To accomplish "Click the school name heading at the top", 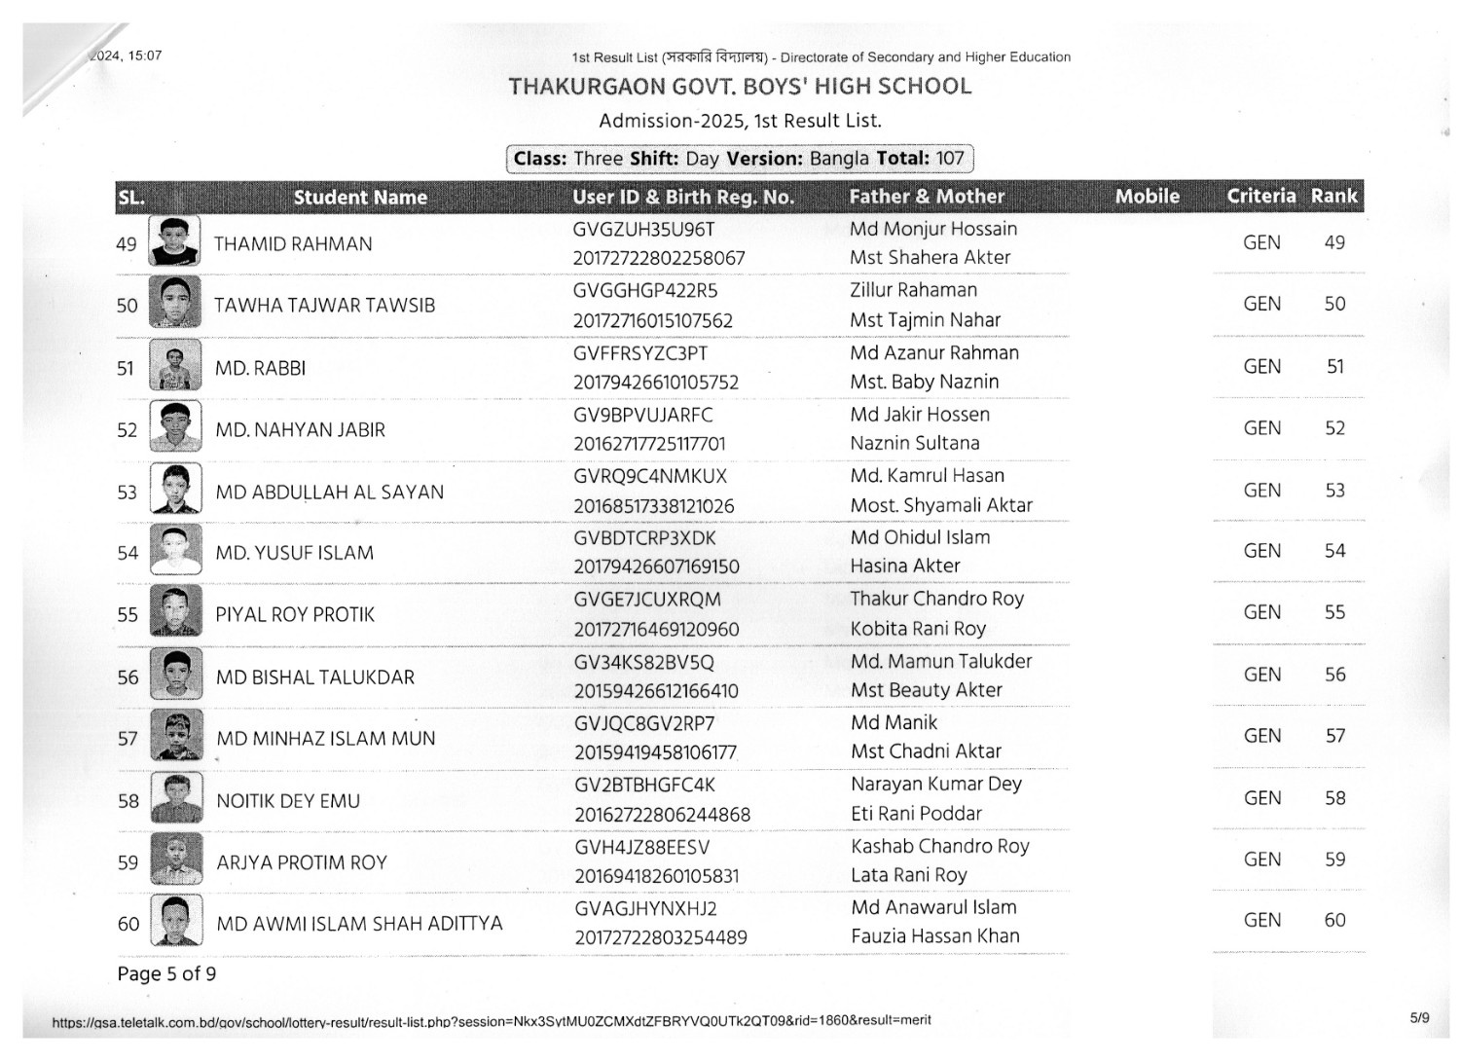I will (740, 87).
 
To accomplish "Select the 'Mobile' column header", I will (1147, 197).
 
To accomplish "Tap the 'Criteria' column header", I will (1260, 197).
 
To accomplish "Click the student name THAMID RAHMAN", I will (293, 244).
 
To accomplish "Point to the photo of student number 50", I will (175, 303).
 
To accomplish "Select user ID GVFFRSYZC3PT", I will (640, 353).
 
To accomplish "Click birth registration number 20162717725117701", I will (649, 444).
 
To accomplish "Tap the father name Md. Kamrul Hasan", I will (927, 476).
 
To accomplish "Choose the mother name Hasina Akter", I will (905, 566).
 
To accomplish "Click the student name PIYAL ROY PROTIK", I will (295, 615).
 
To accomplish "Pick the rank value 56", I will (1334, 675).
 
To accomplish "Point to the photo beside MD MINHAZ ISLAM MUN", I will (176, 736).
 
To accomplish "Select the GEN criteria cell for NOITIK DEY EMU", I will (1261, 798).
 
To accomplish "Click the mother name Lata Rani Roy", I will (909, 875).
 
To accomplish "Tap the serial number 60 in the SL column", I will (128, 924).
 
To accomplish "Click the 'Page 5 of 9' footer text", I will (166, 974).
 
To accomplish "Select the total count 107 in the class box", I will (949, 159).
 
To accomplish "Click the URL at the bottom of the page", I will (492, 1021).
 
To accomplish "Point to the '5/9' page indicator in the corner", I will (1419, 1018).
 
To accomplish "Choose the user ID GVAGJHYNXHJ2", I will (645, 908).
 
